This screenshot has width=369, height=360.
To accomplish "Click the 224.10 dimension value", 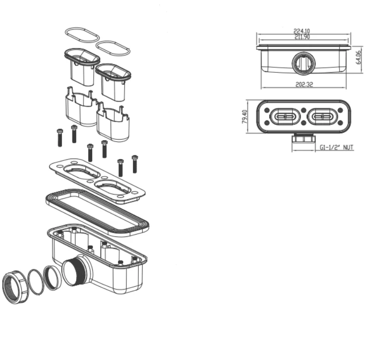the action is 302,31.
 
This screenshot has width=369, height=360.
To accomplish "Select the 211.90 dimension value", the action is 302,37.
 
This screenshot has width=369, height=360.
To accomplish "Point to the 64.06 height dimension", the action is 358,57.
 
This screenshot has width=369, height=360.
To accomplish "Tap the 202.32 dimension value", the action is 304,84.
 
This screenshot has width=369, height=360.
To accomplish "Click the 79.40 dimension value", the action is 244,117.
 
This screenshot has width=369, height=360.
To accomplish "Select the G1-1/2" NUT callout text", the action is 337,147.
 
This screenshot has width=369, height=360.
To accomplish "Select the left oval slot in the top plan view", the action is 285,117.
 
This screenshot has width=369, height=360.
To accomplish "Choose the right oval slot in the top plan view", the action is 322,117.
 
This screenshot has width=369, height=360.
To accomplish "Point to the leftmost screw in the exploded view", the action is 60,138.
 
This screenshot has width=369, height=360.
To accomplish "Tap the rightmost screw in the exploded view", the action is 135,164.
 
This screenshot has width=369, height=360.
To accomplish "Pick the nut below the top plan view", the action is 304,138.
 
